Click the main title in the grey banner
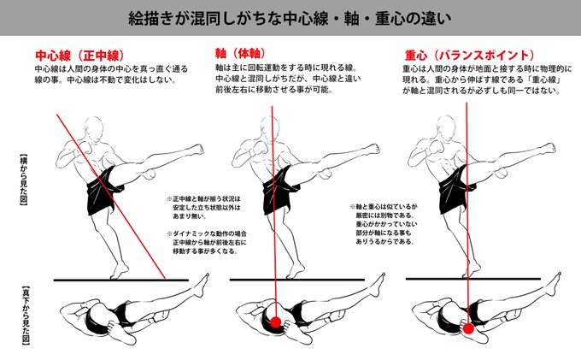290,17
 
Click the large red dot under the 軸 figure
276,322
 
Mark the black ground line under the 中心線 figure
120,279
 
